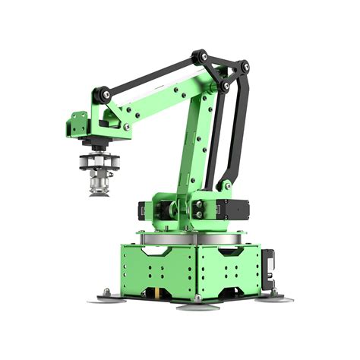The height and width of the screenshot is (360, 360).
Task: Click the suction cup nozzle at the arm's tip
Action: (x=96, y=184)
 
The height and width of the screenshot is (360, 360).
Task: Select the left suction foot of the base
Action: (x=106, y=298)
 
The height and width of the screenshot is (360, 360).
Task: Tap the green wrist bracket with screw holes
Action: (x=79, y=124)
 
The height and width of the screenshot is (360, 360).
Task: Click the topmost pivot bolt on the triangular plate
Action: (x=201, y=55)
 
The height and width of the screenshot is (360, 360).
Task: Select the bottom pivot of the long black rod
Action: (x=226, y=183)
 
